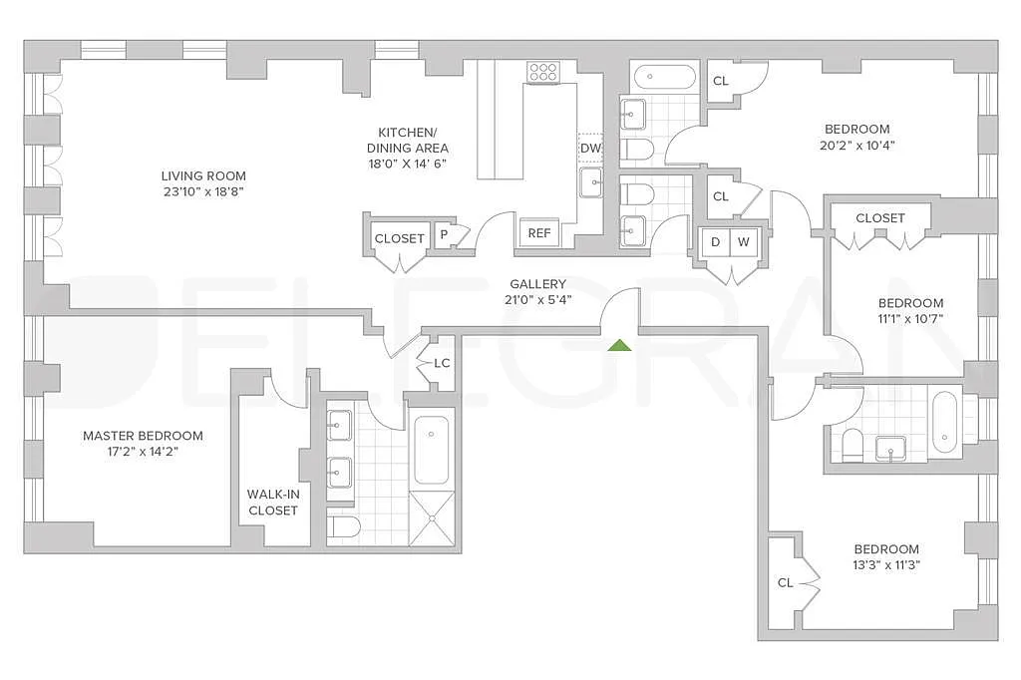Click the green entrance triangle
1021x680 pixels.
pos(619,345)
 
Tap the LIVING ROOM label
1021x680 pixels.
pos(203,176)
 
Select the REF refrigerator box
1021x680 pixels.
pos(539,233)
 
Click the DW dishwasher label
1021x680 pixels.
pos(590,149)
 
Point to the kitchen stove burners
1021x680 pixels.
pos(543,71)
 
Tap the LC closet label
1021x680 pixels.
pos(442,362)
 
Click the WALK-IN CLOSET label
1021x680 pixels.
pos(272,502)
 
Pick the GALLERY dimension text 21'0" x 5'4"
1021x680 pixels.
pos(538,300)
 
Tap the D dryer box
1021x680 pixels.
pos(716,242)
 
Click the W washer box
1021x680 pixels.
pos(743,242)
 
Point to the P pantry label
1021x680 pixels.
pos(443,236)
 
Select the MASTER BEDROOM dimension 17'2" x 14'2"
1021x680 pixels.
pos(143,452)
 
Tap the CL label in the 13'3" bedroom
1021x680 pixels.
pos(786,582)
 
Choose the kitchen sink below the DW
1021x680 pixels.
pos(590,183)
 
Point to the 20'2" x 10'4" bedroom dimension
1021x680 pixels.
pos(856,145)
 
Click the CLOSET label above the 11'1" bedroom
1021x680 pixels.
pos(880,218)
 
